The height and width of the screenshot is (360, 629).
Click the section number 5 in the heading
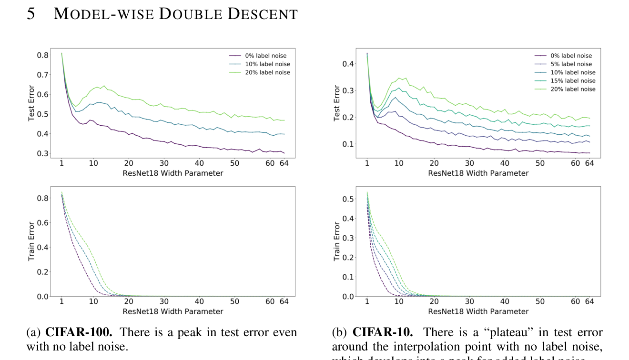[31, 14]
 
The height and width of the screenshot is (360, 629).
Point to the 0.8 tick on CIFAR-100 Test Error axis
[43, 55]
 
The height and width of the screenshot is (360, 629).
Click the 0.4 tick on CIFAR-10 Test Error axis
[348, 64]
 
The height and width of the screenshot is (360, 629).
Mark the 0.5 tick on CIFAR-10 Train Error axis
[348, 199]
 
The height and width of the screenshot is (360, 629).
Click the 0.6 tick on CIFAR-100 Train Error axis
[43, 223]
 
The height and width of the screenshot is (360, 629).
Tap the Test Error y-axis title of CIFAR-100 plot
[31, 103]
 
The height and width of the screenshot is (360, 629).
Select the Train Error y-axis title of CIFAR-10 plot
[337, 241]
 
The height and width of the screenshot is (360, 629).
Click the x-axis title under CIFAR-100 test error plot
[173, 173]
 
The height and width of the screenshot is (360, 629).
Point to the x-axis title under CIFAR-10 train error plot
[478, 311]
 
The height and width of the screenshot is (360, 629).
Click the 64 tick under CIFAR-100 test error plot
[284, 163]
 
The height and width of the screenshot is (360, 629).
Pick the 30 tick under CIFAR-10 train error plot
[469, 301]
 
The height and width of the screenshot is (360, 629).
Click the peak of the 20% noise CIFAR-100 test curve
[104, 86]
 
